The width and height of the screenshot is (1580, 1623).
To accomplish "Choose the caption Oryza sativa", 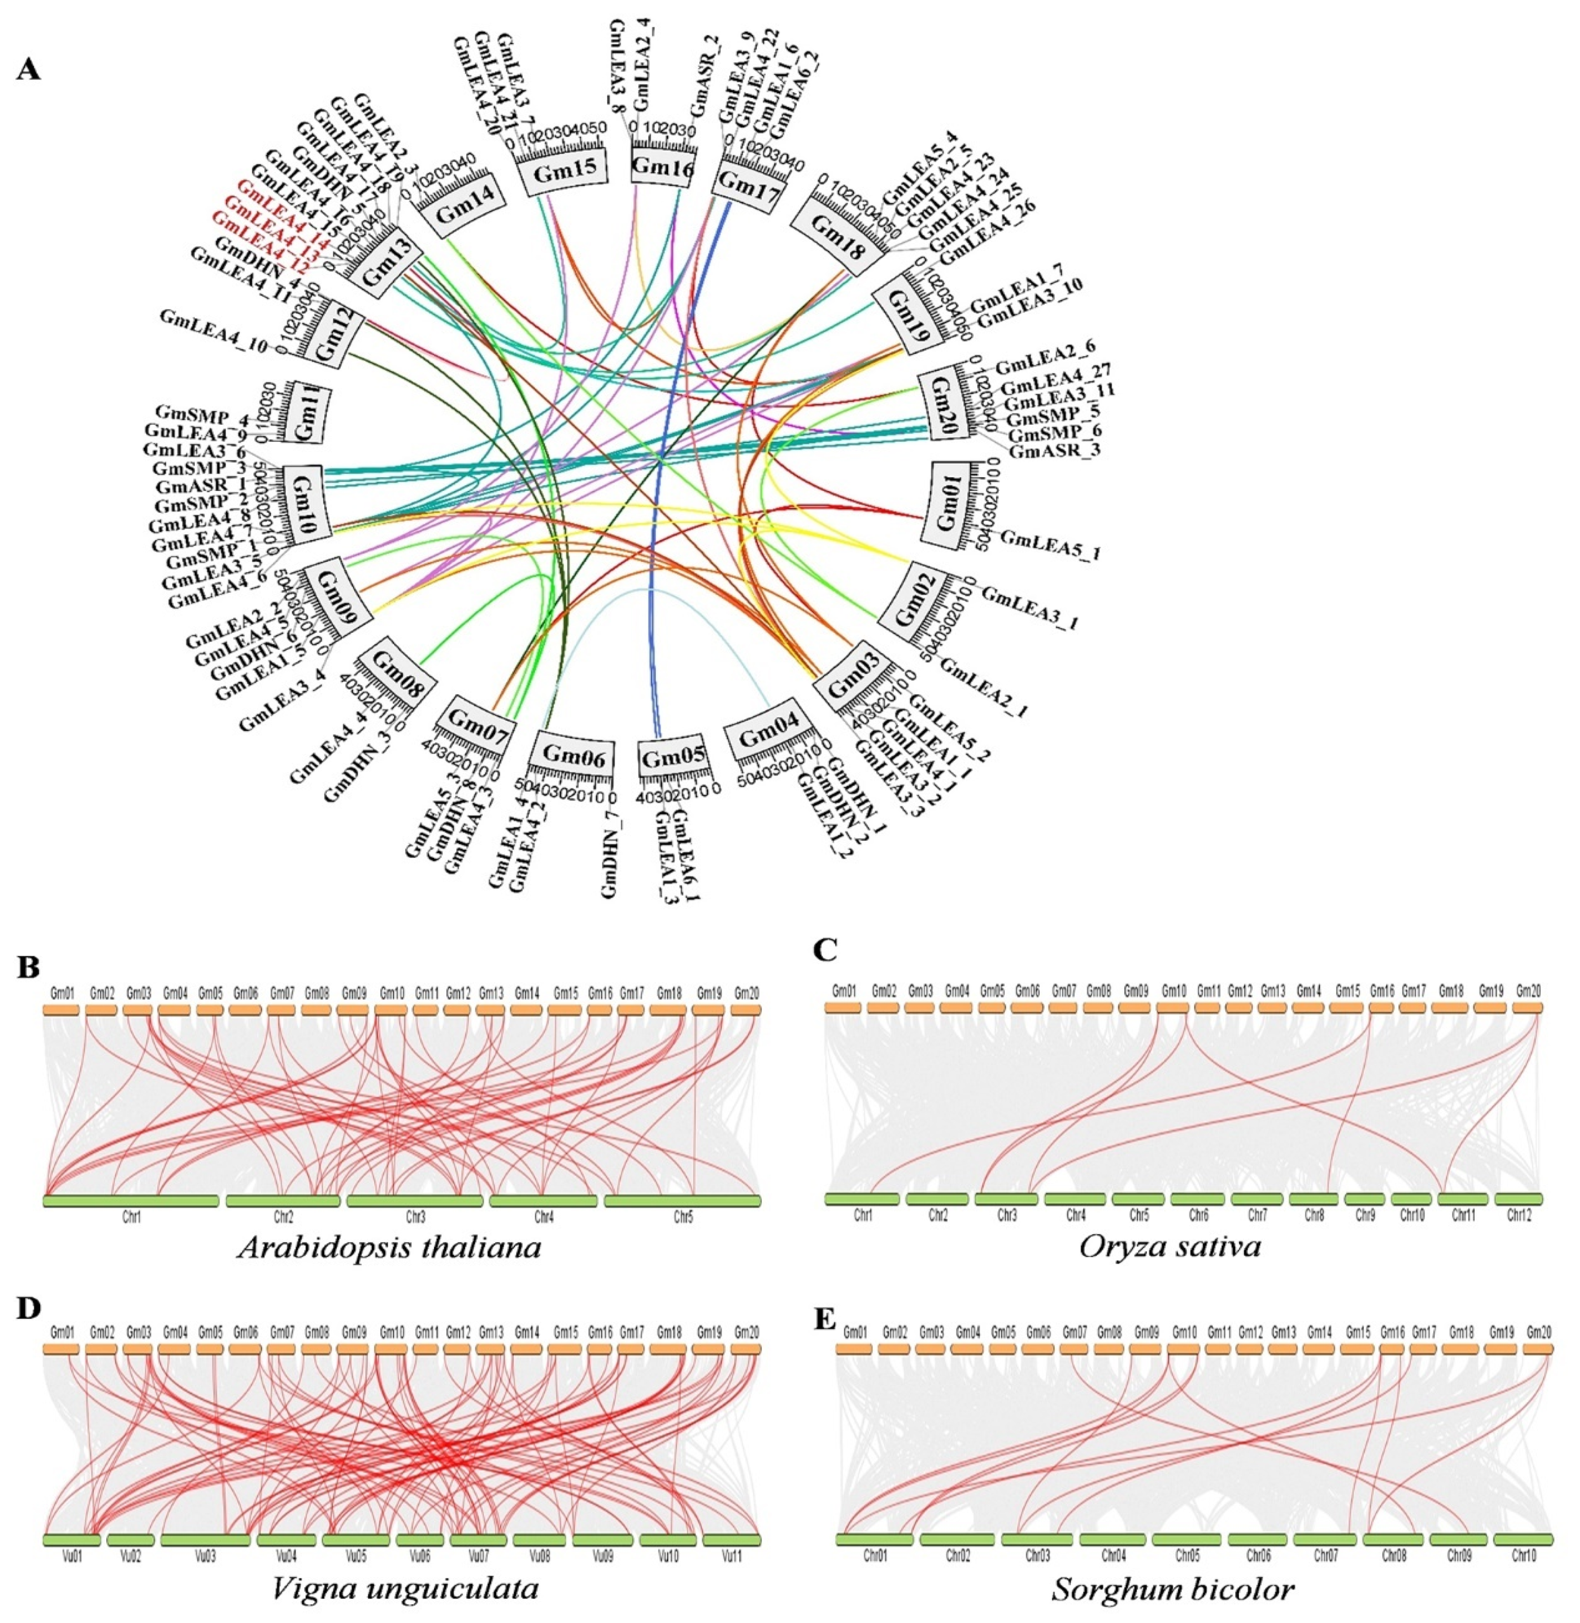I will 1170,1246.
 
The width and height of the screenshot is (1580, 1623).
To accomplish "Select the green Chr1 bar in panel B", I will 130,1201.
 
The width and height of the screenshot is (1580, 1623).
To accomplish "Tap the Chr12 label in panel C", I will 1518,1216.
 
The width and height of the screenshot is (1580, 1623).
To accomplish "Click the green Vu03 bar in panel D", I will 205,1540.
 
